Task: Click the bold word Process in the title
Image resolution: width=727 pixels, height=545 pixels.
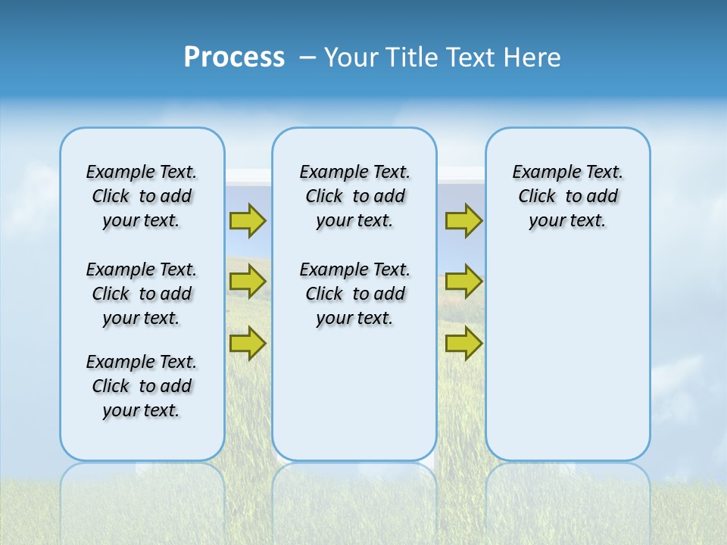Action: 234,58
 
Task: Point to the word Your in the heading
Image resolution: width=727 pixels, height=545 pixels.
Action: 352,58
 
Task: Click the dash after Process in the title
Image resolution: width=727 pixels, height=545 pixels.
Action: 307,58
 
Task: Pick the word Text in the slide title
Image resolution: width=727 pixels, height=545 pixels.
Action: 472,58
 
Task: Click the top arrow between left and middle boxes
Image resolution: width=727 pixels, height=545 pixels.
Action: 248,220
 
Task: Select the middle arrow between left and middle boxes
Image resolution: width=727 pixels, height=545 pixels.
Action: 248,282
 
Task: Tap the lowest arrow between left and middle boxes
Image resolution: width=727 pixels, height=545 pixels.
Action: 248,343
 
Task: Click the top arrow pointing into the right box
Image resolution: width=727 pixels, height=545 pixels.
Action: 463,220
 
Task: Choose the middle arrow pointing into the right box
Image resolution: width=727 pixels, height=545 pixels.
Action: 463,282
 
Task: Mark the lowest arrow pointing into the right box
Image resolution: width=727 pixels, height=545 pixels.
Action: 463,343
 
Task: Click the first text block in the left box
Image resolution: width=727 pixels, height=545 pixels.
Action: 142,196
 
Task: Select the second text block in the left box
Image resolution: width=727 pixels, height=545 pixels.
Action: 142,294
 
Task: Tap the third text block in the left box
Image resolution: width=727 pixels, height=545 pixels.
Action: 142,386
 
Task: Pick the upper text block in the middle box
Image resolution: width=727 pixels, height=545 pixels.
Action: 354,196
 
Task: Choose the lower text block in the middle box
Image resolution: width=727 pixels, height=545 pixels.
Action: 354,294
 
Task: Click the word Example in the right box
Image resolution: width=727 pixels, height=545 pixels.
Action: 540,173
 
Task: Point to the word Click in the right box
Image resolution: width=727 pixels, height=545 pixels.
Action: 537,197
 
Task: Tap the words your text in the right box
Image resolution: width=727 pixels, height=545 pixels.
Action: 567,221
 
